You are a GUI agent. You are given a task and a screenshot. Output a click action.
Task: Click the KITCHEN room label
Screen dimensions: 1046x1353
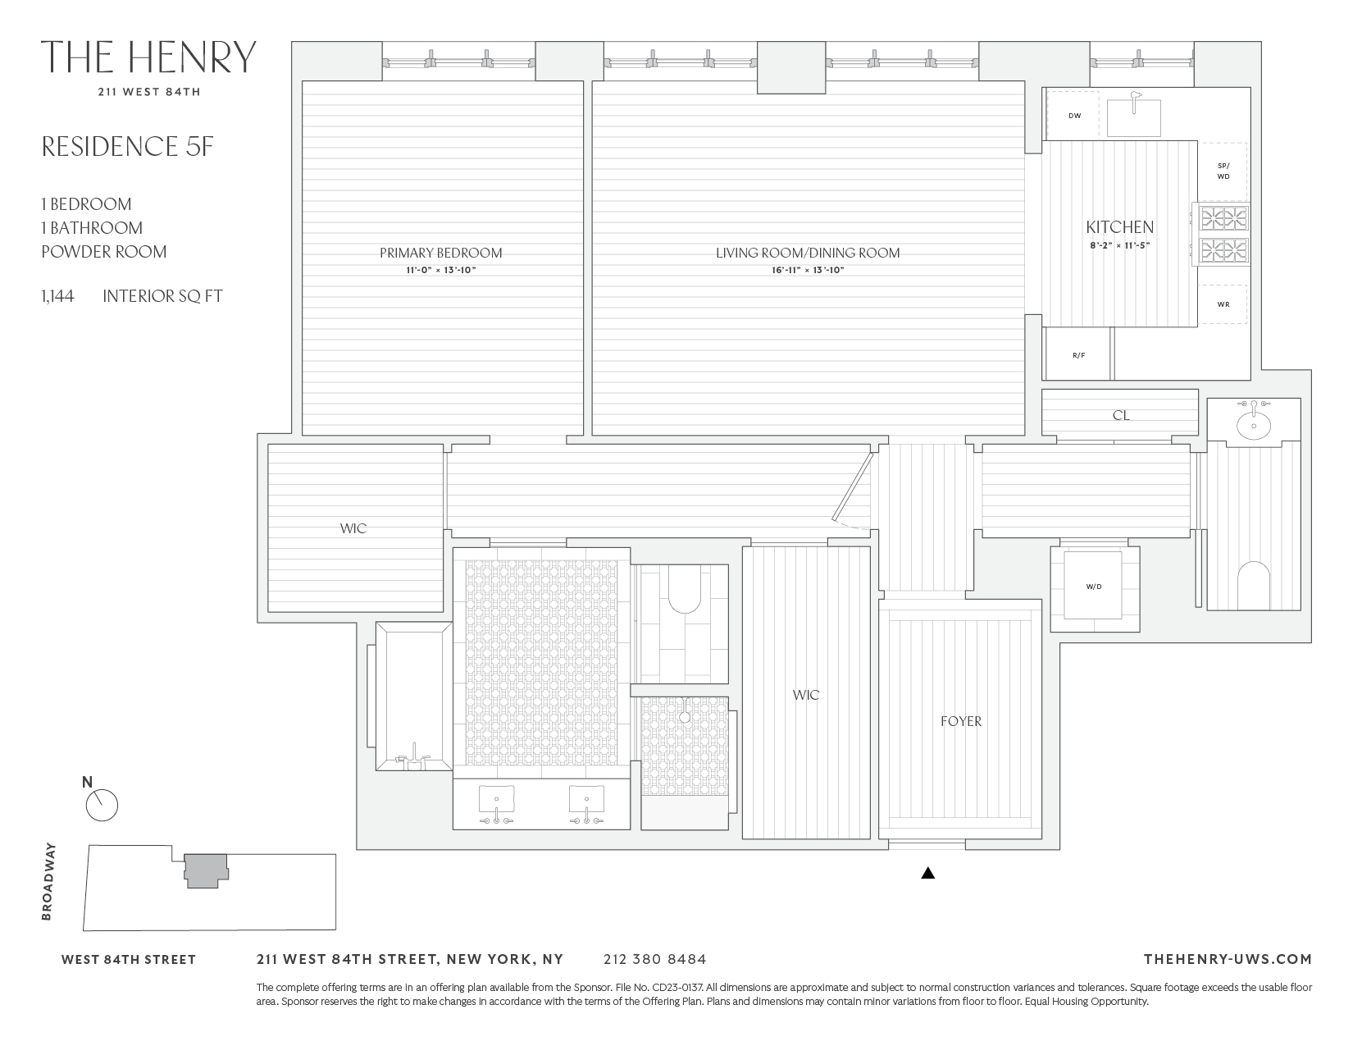pyautogui.click(x=1119, y=227)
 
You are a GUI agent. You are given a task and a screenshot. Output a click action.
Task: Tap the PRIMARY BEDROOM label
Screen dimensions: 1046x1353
pyautogui.click(x=440, y=253)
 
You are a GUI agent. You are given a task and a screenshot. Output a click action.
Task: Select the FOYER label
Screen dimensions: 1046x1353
pyautogui.click(x=960, y=721)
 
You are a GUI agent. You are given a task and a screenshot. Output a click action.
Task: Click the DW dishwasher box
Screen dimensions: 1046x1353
pyautogui.click(x=1074, y=116)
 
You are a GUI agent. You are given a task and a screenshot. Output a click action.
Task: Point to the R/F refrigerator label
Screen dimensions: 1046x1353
pyautogui.click(x=1078, y=355)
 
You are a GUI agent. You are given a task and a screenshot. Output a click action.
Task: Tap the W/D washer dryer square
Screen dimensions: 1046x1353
pyautogui.click(x=1093, y=586)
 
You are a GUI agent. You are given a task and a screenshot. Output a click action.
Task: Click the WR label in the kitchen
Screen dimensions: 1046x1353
pyautogui.click(x=1223, y=304)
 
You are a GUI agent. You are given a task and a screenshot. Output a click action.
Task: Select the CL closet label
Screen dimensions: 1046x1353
pyautogui.click(x=1120, y=416)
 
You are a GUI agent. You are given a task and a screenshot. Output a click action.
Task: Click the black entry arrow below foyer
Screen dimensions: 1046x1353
pyautogui.click(x=927, y=874)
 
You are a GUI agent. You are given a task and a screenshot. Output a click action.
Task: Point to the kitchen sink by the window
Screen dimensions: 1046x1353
pyautogui.click(x=1134, y=116)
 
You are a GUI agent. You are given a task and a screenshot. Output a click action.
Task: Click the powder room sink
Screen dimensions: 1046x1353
pyautogui.click(x=1253, y=424)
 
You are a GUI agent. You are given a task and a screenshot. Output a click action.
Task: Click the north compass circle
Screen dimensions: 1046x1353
pyautogui.click(x=102, y=806)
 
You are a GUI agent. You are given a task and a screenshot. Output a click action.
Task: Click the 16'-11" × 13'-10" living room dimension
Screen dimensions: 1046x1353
pyautogui.click(x=808, y=270)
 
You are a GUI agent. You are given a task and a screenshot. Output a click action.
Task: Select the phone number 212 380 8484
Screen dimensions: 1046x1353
pyautogui.click(x=654, y=959)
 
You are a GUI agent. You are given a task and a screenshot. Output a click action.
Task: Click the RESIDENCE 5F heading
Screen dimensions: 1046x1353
pyautogui.click(x=127, y=146)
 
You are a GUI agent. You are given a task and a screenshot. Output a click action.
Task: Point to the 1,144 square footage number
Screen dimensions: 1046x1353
pyautogui.click(x=57, y=296)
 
